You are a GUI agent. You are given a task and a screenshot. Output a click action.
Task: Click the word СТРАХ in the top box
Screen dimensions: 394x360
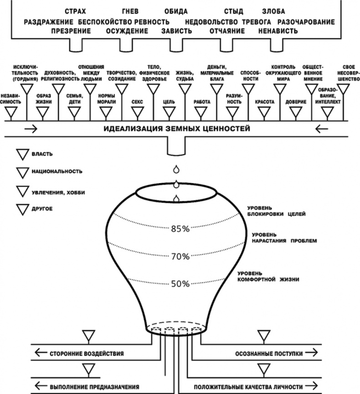(75, 11)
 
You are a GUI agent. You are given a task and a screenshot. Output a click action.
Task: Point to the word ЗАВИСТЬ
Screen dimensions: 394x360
(176, 31)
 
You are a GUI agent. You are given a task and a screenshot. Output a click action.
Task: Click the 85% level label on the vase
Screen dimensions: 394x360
(180, 229)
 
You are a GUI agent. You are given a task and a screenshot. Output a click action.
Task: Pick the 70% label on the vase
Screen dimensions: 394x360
(180, 257)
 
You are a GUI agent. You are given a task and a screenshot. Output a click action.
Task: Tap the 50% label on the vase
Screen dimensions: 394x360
(180, 284)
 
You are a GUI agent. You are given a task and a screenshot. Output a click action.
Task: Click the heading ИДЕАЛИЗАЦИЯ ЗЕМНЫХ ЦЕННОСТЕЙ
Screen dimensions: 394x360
(177, 129)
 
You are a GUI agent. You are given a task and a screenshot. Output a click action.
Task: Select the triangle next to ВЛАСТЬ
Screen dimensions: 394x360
(22, 155)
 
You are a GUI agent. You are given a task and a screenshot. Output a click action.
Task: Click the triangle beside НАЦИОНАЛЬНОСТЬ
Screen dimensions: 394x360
(22, 172)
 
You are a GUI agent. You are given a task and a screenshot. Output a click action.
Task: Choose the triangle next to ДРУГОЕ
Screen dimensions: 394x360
(22, 209)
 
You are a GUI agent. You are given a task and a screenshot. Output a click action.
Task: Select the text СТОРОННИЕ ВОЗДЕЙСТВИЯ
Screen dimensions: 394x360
(87, 353)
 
